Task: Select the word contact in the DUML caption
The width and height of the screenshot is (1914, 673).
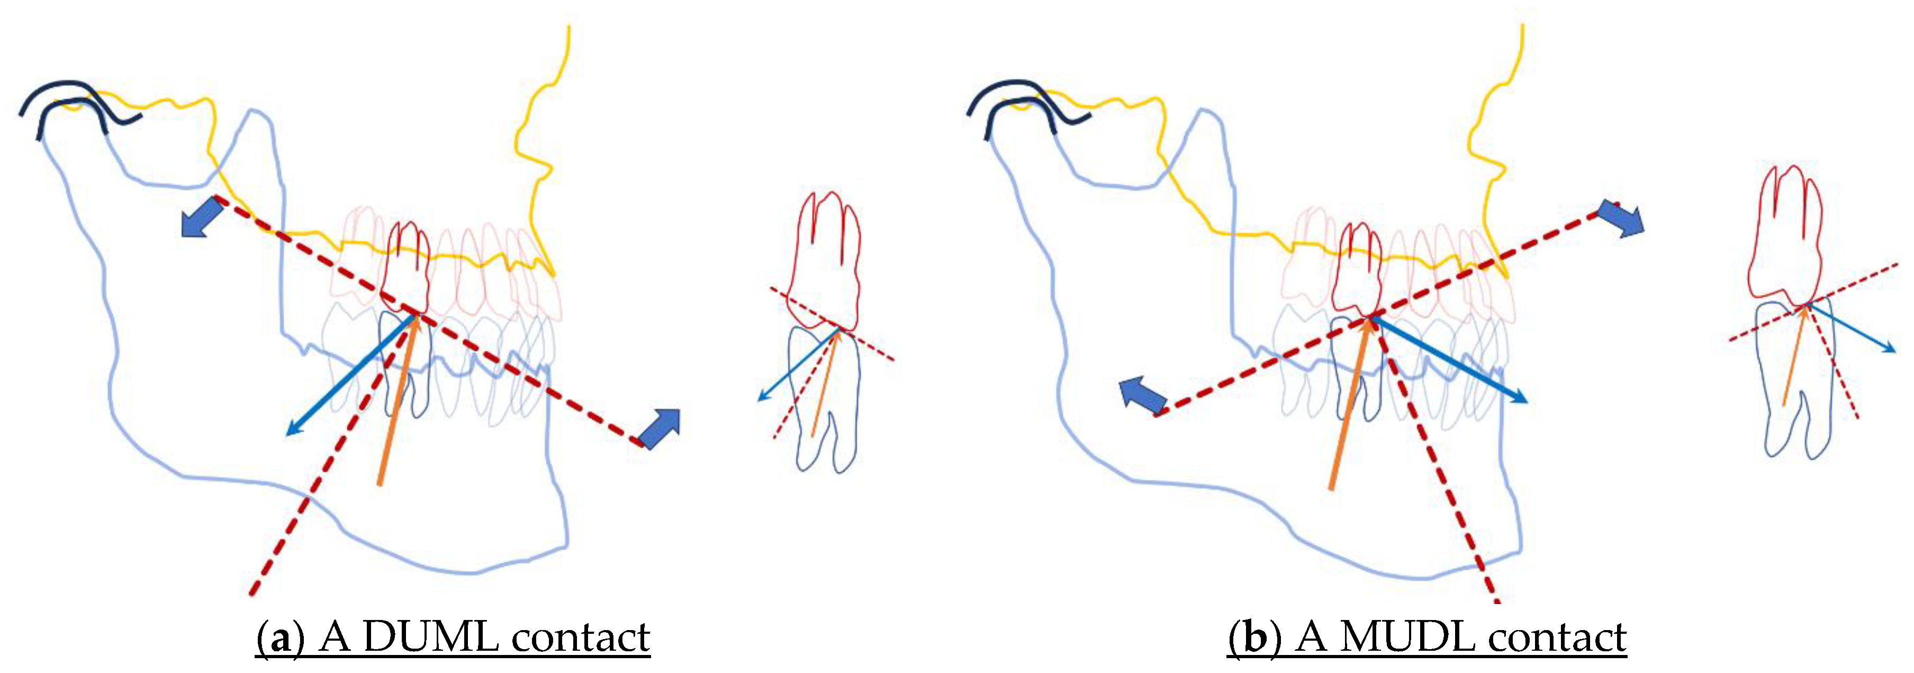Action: [x=581, y=637]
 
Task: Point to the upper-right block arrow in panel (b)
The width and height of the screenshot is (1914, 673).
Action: [x=1621, y=219]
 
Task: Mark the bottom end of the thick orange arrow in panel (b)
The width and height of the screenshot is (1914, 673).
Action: [x=1331, y=489]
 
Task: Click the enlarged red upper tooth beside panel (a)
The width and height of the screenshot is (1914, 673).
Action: [x=825, y=260]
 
